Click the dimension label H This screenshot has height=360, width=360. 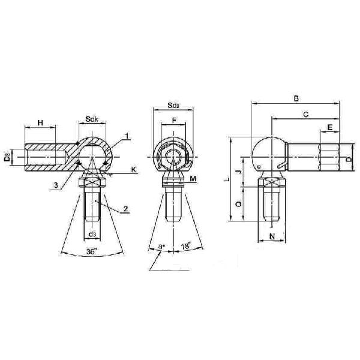[x=40, y=122]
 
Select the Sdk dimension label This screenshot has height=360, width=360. [x=92, y=119]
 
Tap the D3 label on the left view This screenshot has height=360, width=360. [x=7, y=158]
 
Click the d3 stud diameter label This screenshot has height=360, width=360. [x=92, y=234]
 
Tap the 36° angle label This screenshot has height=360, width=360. [x=91, y=251]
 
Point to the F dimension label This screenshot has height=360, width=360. [x=174, y=121]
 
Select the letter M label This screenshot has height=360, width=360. [x=192, y=178]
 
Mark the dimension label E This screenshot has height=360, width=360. [x=330, y=128]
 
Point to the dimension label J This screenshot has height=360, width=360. [x=238, y=173]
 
